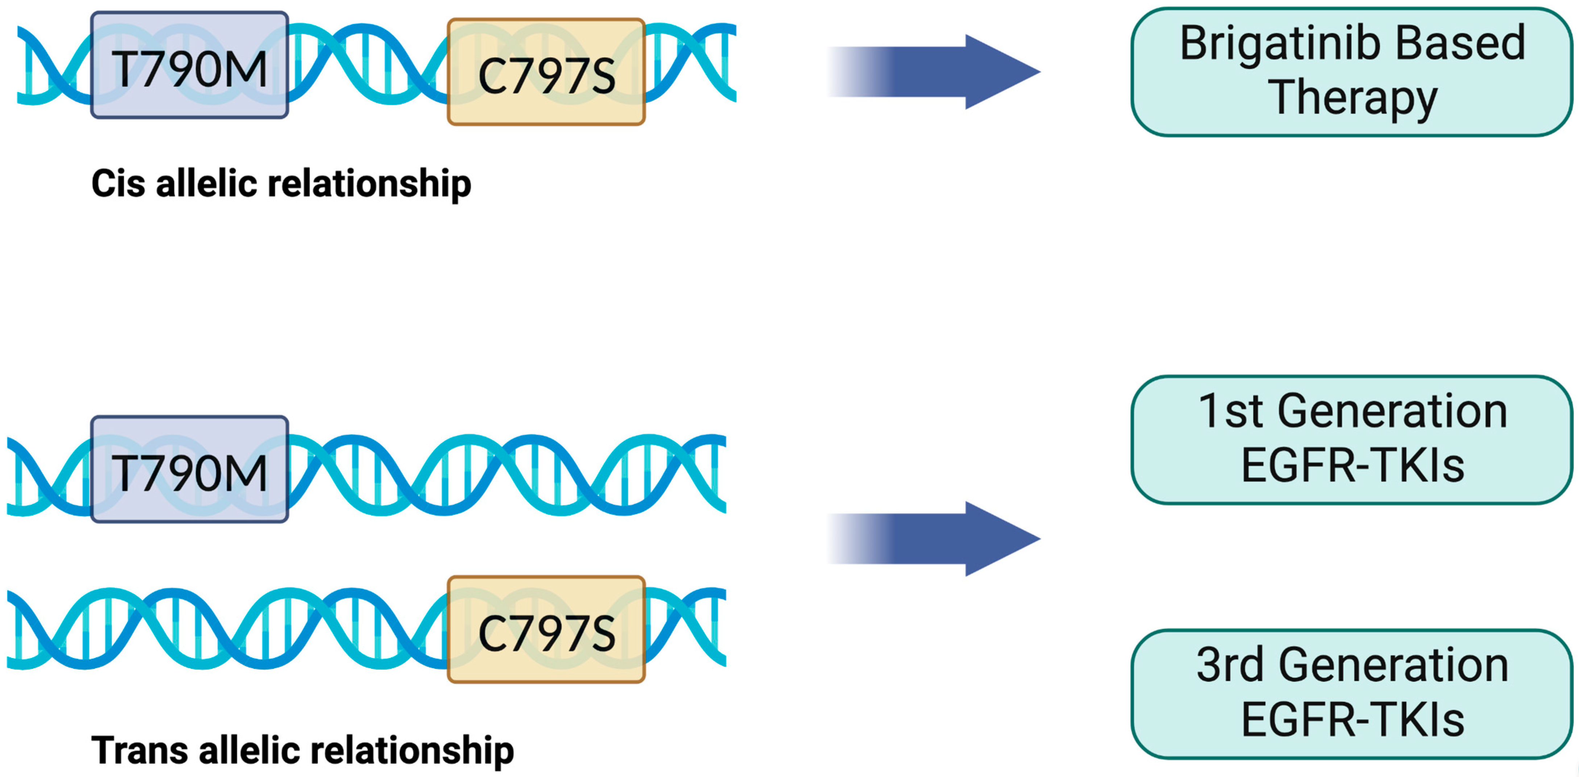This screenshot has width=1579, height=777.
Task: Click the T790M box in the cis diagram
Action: point(189,65)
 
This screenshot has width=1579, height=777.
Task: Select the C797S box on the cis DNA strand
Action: point(546,72)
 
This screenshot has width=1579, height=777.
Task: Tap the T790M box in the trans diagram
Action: point(189,470)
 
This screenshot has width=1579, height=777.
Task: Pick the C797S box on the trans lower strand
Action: point(546,630)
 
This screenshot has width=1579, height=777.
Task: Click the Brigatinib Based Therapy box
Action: point(1352,72)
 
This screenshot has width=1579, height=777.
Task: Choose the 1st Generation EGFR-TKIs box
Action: point(1352,440)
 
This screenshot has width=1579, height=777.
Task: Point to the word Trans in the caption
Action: point(139,750)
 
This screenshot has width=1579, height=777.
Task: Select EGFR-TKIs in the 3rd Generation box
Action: point(1353,720)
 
